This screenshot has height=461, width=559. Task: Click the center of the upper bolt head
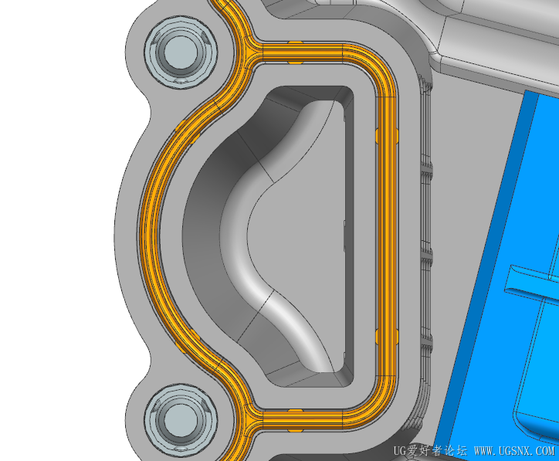[x=181, y=52]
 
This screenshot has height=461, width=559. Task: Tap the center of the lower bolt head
[x=181, y=419]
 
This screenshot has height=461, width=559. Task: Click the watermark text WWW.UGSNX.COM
[x=514, y=451]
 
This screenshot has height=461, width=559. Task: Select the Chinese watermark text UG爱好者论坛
[x=430, y=451]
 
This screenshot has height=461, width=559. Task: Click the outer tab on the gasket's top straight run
[x=295, y=42]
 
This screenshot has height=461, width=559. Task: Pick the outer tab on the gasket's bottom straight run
[x=295, y=431]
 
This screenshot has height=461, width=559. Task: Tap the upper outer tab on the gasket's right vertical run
[x=397, y=135]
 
